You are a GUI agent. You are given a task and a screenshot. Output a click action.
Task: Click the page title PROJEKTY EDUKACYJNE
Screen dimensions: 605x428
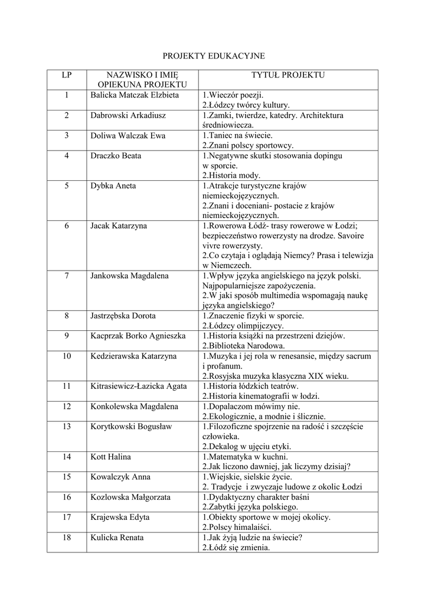tap(214, 56)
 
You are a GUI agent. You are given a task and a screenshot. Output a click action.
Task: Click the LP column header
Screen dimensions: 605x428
tap(67, 75)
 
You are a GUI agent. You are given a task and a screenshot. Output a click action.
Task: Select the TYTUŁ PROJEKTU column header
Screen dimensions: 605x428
tap(288, 75)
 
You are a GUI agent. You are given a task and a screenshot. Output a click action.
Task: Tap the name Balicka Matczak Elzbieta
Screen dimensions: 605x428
tap(135, 95)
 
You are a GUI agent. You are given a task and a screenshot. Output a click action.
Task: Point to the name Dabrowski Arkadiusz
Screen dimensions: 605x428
tap(128, 115)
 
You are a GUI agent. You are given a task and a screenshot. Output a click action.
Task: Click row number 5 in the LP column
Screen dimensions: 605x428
tap(67, 186)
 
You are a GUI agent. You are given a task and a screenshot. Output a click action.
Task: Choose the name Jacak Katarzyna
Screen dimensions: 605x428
tap(119, 226)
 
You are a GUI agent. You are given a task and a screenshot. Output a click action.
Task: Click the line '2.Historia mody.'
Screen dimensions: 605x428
tap(231, 175)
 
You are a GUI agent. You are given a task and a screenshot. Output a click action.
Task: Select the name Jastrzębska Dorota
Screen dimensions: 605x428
tap(123, 315)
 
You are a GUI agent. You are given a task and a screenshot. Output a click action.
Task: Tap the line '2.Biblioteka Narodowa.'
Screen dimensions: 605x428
tap(244, 346)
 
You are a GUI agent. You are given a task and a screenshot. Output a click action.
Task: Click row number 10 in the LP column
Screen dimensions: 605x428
tap(67, 356)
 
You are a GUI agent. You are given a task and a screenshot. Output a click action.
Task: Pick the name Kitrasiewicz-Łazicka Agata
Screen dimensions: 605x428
tap(139, 386)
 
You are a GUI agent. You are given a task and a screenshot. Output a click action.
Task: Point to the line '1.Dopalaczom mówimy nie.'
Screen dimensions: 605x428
tap(251, 406)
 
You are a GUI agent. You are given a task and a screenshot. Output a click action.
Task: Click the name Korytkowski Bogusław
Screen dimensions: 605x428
tap(131, 427)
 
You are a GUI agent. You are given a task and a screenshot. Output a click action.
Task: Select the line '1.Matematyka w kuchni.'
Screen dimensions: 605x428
tap(245, 457)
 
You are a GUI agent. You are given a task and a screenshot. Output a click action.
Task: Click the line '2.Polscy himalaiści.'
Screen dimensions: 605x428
tap(237, 527)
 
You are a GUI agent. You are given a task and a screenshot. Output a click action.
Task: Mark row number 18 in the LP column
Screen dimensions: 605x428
tap(67, 538)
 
